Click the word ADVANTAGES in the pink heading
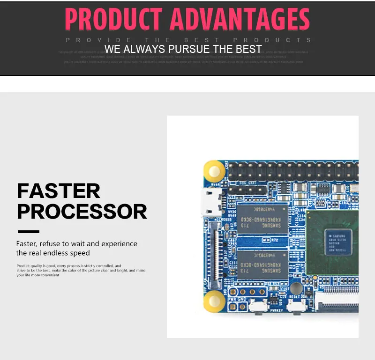pos(240,20)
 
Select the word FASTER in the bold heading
pos(59,191)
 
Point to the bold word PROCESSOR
pos(82,212)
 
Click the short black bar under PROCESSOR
pos(29,231)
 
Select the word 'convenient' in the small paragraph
pos(48,275)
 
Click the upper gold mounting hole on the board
pos(214,171)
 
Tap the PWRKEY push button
pos(256,307)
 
